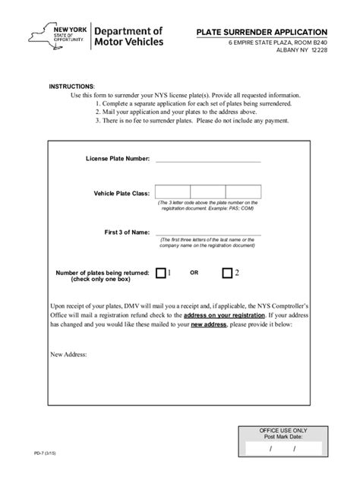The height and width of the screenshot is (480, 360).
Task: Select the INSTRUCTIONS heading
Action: click(72, 87)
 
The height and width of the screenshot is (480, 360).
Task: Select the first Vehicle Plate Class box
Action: click(172, 192)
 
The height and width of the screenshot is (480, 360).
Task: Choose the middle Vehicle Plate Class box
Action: click(208, 192)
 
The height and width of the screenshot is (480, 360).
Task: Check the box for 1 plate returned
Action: click(161, 273)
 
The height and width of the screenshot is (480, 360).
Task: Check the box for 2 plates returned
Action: click(227, 273)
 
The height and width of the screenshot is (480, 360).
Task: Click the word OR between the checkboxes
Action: click(194, 273)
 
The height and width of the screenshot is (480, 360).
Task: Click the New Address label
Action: click(68, 354)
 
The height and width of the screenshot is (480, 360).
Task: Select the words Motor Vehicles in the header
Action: click(128, 42)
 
